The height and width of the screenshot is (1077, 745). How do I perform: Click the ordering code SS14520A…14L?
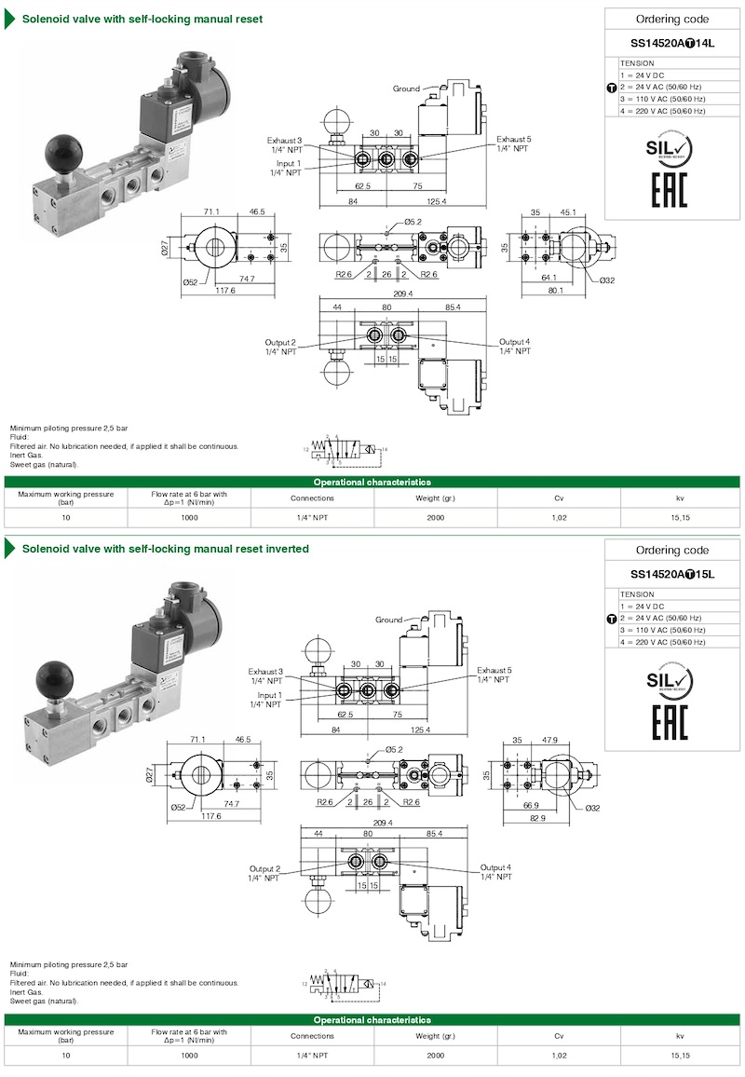tap(671, 43)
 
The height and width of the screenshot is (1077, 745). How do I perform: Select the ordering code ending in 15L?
tap(671, 574)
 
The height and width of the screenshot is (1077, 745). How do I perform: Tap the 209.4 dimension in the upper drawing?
tap(402, 293)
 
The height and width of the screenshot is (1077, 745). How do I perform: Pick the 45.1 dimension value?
tap(567, 211)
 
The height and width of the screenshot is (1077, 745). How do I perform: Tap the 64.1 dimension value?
tap(548, 277)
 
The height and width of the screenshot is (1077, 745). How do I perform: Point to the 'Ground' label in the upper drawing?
tap(406, 89)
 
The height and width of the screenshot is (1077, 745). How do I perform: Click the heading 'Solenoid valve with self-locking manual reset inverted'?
tap(166, 549)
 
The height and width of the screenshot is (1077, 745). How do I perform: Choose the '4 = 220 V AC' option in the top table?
tap(662, 111)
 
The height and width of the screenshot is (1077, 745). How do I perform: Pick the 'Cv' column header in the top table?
tap(559, 498)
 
